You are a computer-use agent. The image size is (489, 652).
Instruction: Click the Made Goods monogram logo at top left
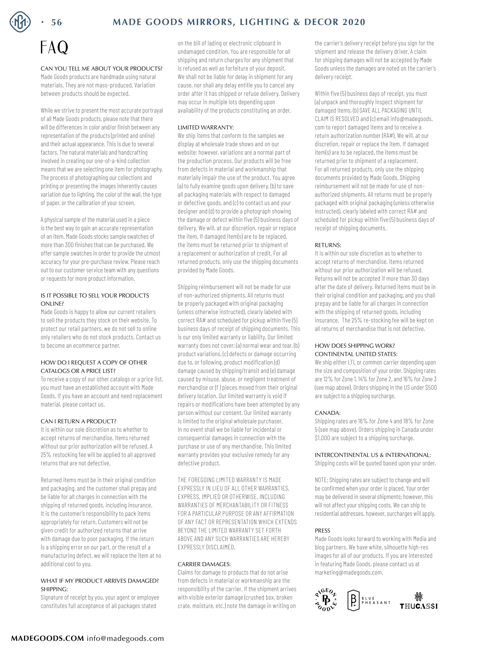[x=20, y=22]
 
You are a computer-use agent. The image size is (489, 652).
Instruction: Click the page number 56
[x=56, y=22]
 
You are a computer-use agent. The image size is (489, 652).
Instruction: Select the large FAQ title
[x=55, y=47]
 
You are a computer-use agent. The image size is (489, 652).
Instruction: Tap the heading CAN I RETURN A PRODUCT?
[x=78, y=421]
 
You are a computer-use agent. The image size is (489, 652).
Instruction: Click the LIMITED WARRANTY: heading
[x=206, y=127]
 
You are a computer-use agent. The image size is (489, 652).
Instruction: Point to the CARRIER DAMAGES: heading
[x=204, y=564]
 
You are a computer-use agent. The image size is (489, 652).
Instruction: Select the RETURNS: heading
[x=328, y=245]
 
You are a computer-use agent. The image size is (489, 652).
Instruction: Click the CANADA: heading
[x=328, y=413]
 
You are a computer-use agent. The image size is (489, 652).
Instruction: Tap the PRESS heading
[x=322, y=531]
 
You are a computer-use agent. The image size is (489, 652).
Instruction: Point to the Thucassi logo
[x=418, y=601]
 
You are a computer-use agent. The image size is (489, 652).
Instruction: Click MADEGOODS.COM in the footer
[x=47, y=639]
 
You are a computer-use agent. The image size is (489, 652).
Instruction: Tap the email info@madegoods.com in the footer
[x=125, y=639]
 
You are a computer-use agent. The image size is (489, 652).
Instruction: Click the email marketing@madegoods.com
[x=348, y=573]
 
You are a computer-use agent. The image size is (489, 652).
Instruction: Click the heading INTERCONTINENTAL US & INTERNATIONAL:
[x=373, y=455]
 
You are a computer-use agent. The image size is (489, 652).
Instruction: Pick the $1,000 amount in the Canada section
[x=322, y=438]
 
